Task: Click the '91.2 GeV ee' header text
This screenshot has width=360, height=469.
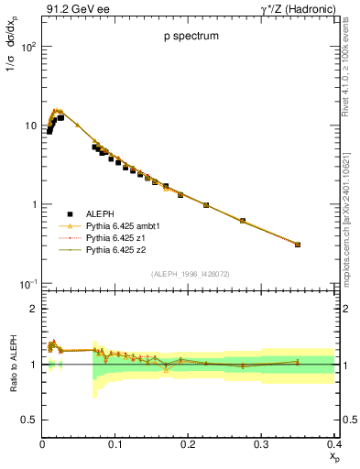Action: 73,9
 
